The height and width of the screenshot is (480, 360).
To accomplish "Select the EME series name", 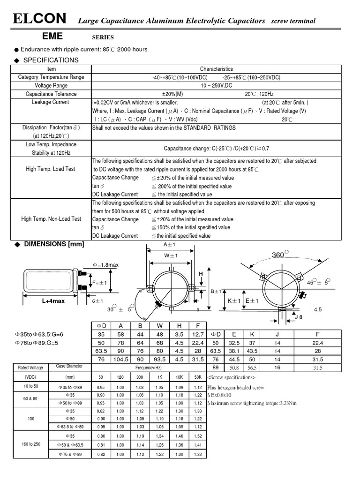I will (x=52, y=36).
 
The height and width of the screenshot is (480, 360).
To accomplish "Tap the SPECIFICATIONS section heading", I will (x=51, y=60).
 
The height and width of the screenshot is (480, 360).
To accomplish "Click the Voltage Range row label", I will (x=51, y=85).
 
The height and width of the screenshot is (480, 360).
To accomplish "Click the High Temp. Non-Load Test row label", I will (x=51, y=219).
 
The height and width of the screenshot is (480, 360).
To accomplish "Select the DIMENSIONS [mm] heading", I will (x=54, y=244).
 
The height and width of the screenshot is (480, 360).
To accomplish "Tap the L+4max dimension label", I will (x=52, y=301).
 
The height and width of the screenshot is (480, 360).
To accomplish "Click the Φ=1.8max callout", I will (x=105, y=265).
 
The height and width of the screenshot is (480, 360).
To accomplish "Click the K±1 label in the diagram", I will (x=234, y=300).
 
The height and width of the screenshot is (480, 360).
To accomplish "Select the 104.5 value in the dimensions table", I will (x=121, y=359).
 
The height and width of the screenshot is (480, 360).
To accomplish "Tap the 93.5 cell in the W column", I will (x=159, y=359).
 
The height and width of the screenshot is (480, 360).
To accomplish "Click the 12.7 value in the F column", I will (x=198, y=334).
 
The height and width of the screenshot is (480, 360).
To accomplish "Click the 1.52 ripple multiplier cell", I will (x=198, y=435).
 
